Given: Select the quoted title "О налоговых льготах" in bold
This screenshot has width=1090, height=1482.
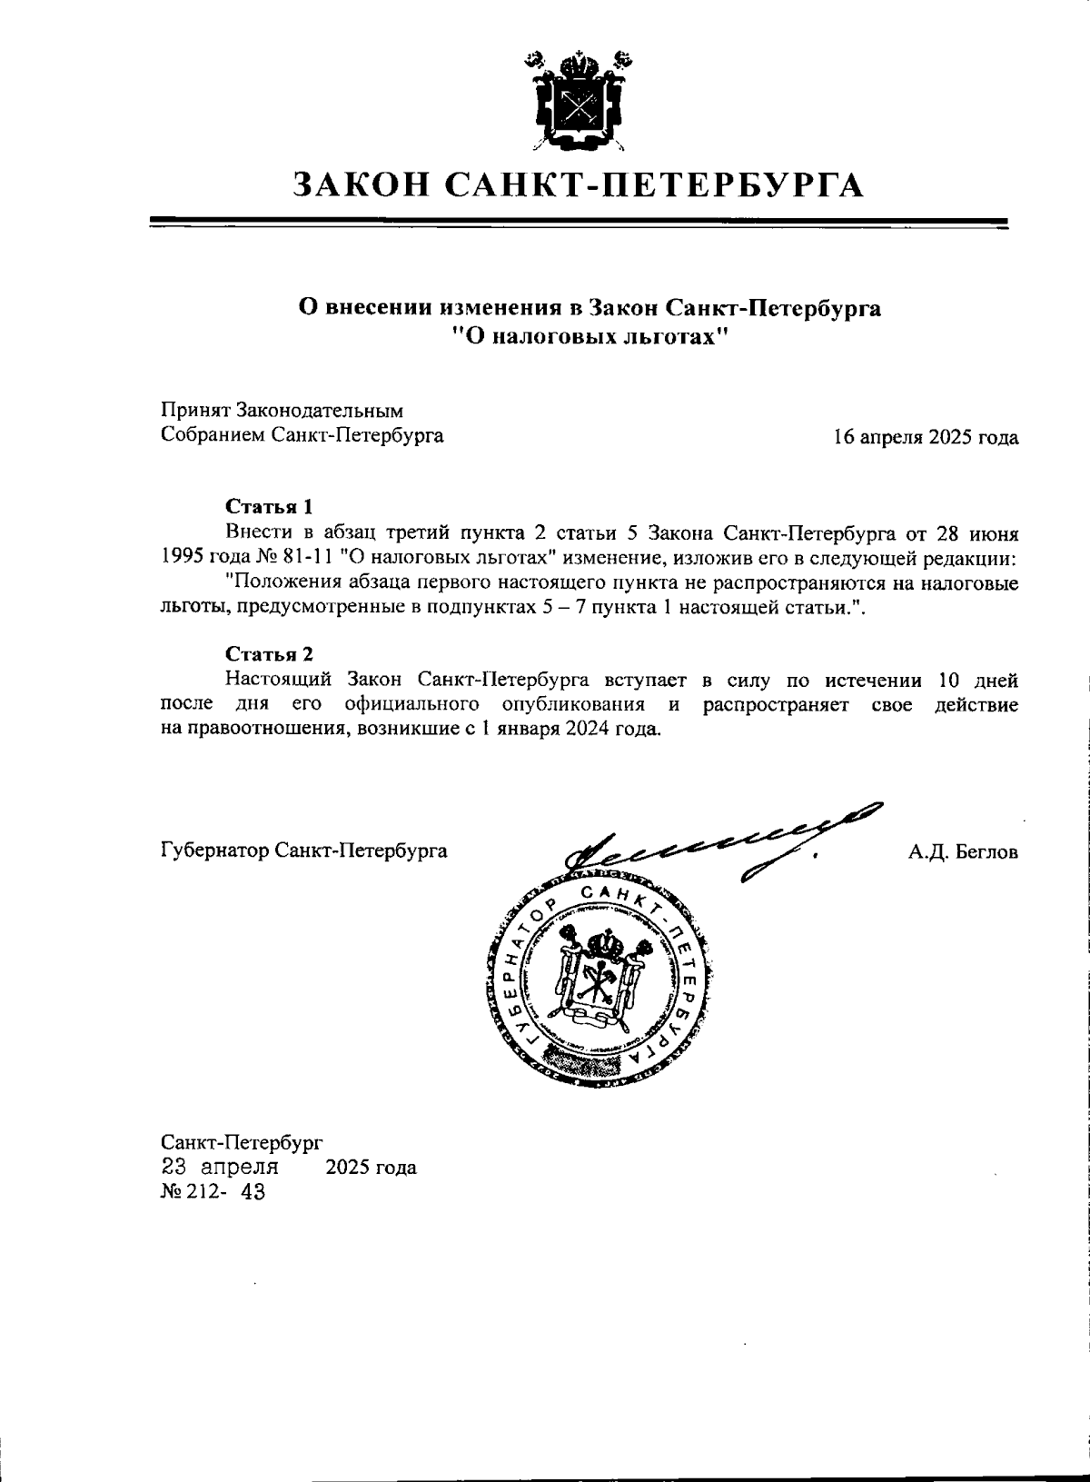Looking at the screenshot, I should [x=590, y=338].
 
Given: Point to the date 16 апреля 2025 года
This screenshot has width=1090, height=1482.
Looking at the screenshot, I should [x=926, y=437].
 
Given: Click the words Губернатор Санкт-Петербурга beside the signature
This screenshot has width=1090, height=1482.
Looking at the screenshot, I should [x=303, y=852].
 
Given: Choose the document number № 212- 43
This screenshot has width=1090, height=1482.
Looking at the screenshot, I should [x=213, y=1192].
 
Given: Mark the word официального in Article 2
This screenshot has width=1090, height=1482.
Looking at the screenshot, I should [x=412, y=705].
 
